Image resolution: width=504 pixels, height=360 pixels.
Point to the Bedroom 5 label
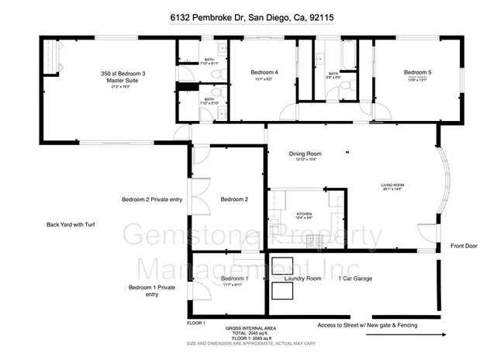[416, 72]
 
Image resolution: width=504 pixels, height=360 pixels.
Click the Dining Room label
[305, 154]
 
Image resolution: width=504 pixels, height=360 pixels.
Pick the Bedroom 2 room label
[234, 199]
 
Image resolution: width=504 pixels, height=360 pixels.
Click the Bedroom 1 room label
[234, 279]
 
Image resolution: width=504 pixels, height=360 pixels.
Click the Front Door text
[465, 247]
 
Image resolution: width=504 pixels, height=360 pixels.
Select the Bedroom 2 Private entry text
[152, 199]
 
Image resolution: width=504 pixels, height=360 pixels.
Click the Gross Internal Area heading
[250, 329]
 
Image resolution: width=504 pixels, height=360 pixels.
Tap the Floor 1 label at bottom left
[196, 322]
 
